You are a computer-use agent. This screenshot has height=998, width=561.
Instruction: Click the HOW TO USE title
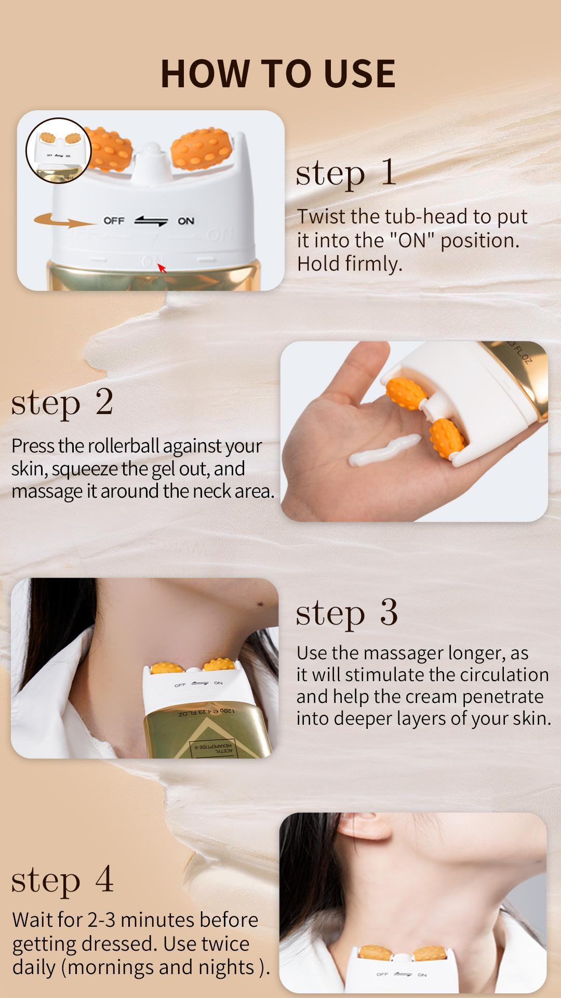(278, 73)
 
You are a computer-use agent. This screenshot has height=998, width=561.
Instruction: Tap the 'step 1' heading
(346, 173)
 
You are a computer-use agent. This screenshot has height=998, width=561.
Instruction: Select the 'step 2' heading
(62, 403)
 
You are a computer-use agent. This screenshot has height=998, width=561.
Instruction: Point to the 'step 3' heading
(346, 613)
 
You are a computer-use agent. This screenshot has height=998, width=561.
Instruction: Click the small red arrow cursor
(162, 268)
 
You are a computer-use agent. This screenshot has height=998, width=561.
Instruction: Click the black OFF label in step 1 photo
(114, 220)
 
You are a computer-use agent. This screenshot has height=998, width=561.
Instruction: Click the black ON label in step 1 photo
(186, 221)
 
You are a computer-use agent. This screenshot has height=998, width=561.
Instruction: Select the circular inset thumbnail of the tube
(58, 151)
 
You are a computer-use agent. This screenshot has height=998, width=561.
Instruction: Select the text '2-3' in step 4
(101, 920)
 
